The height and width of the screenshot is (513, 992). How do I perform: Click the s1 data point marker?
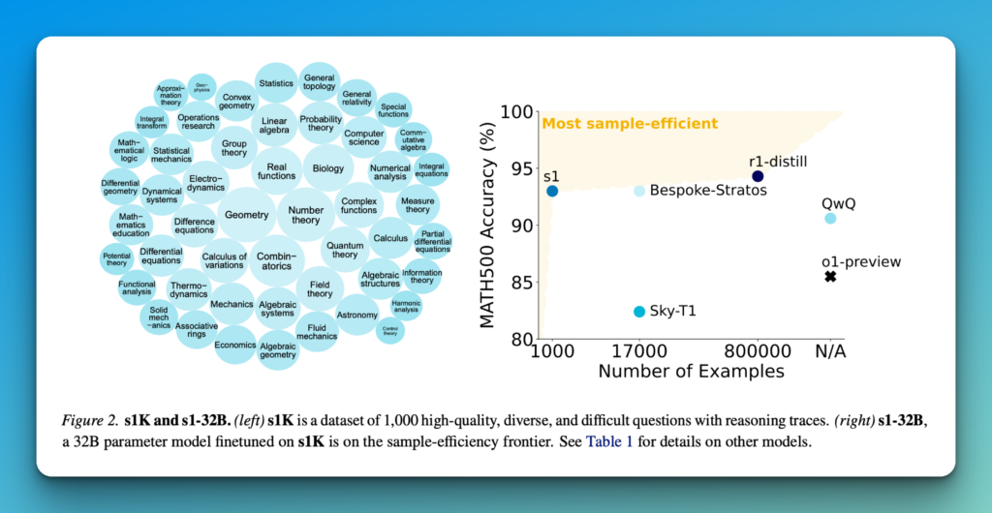click(552, 191)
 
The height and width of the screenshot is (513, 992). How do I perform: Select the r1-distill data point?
click(758, 176)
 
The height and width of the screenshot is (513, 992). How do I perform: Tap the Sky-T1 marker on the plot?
click(639, 311)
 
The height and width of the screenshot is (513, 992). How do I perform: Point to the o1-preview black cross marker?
click(830, 277)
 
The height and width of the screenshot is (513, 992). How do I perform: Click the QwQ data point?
click(830, 219)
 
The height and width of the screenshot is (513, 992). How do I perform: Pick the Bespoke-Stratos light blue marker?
click(639, 191)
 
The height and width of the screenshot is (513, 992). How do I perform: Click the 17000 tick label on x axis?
click(638, 351)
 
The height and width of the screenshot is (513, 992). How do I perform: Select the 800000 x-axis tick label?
click(758, 351)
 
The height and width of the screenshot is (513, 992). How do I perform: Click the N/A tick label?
click(830, 351)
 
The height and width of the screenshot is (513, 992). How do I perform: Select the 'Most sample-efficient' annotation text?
click(630, 124)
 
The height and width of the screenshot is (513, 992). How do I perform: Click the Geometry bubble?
click(246, 214)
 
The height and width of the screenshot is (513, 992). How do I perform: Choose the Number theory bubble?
click(306, 214)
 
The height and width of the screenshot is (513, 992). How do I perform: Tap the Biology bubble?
click(328, 168)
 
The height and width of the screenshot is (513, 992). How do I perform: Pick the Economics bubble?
click(235, 345)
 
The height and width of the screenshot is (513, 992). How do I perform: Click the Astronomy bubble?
click(357, 315)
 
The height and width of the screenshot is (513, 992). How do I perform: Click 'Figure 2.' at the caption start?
click(89, 422)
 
